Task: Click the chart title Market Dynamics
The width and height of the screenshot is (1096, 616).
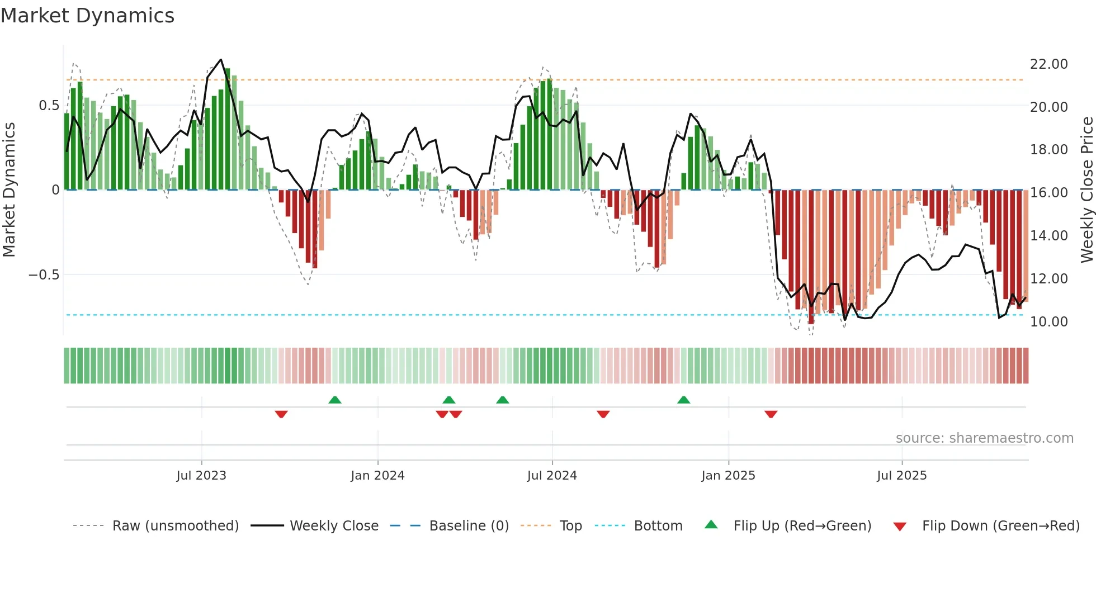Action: (87, 16)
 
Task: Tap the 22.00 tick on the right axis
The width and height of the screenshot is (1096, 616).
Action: (1048, 64)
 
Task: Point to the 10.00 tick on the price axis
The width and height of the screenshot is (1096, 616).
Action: (1048, 322)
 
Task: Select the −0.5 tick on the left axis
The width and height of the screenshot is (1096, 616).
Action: (44, 275)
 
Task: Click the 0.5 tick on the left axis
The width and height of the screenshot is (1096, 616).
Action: (49, 106)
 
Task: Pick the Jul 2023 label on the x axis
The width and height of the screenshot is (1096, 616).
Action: (201, 476)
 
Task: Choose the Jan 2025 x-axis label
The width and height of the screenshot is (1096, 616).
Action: (728, 476)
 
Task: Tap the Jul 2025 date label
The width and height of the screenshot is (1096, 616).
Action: (901, 476)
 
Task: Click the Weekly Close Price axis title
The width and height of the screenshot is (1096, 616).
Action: (1086, 190)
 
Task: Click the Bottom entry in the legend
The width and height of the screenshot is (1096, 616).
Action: (658, 526)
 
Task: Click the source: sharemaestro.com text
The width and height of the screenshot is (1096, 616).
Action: (984, 438)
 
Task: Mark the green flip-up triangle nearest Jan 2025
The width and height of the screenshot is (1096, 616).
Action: (683, 400)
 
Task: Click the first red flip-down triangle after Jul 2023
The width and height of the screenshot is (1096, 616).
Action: (281, 414)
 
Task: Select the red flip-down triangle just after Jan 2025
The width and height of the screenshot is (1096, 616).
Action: (771, 414)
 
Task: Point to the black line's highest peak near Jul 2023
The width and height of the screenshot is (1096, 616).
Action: (221, 60)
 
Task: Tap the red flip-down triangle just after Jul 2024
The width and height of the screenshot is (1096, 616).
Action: (603, 414)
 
